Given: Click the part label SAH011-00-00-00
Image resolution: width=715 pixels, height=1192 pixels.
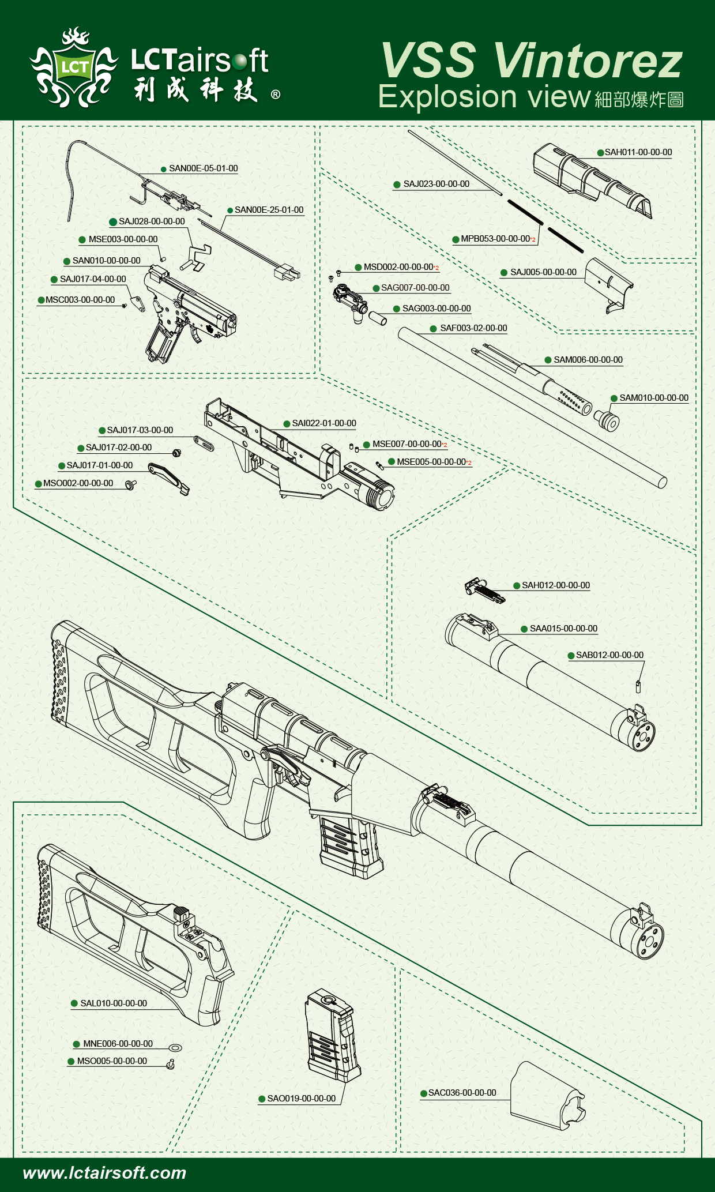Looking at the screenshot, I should (638, 152).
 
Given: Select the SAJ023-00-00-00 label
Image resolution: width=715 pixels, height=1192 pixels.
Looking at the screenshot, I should (436, 184).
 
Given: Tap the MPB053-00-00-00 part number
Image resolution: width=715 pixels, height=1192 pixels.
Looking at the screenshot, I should (495, 239).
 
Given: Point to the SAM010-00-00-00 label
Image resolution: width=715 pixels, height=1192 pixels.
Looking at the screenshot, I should (653, 398).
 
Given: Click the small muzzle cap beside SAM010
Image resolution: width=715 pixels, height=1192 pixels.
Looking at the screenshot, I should (607, 421).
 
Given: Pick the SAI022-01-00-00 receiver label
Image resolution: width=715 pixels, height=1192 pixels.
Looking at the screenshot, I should (323, 423).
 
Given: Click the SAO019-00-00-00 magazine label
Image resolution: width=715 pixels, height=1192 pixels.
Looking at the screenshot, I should (301, 1099).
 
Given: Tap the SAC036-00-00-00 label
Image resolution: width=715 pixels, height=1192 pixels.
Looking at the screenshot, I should (462, 1093).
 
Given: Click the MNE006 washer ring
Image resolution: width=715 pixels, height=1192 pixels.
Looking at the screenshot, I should (175, 1047).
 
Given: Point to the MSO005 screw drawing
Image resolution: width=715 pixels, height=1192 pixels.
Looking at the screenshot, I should (171, 1064).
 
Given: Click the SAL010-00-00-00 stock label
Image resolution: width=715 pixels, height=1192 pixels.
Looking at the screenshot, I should (113, 1003).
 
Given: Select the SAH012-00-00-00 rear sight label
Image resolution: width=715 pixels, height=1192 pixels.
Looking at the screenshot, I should (555, 585).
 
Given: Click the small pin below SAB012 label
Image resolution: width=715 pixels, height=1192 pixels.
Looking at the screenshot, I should (638, 687).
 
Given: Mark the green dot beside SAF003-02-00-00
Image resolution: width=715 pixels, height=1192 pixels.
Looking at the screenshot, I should (433, 329).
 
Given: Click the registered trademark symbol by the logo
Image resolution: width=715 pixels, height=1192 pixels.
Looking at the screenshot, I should (276, 95).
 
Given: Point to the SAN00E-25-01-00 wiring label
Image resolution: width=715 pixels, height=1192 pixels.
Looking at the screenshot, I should (269, 210).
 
